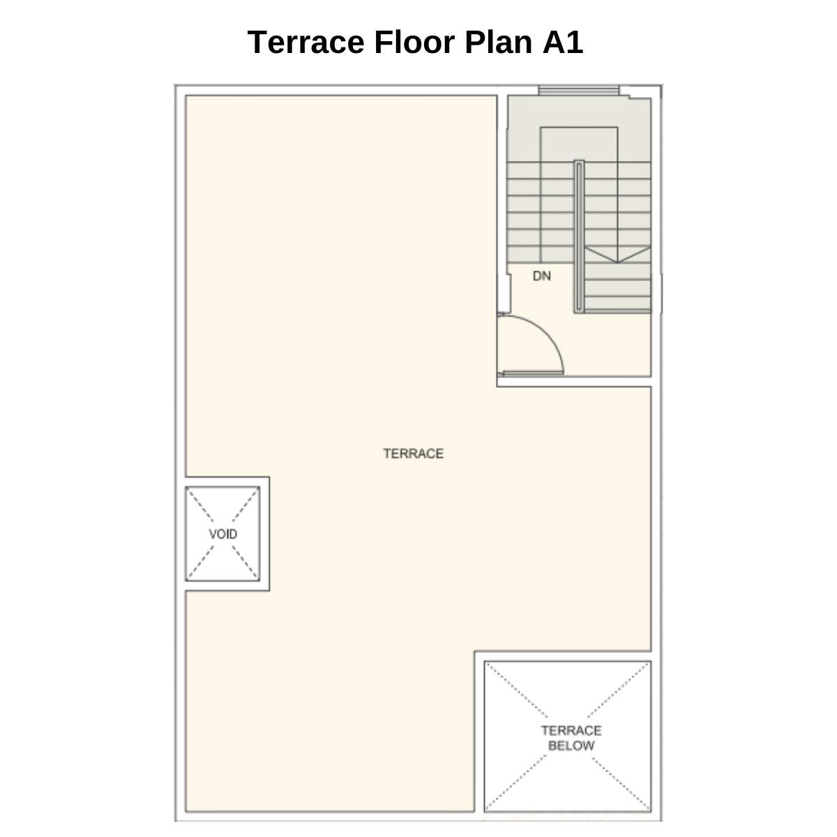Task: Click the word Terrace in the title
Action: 306,43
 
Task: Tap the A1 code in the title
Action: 562,43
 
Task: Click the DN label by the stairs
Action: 541,276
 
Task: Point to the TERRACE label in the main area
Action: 413,453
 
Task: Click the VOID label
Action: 223,534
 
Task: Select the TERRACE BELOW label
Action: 571,738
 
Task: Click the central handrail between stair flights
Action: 579,237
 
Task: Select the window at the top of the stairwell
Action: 578,91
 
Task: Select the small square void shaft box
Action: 223,534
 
